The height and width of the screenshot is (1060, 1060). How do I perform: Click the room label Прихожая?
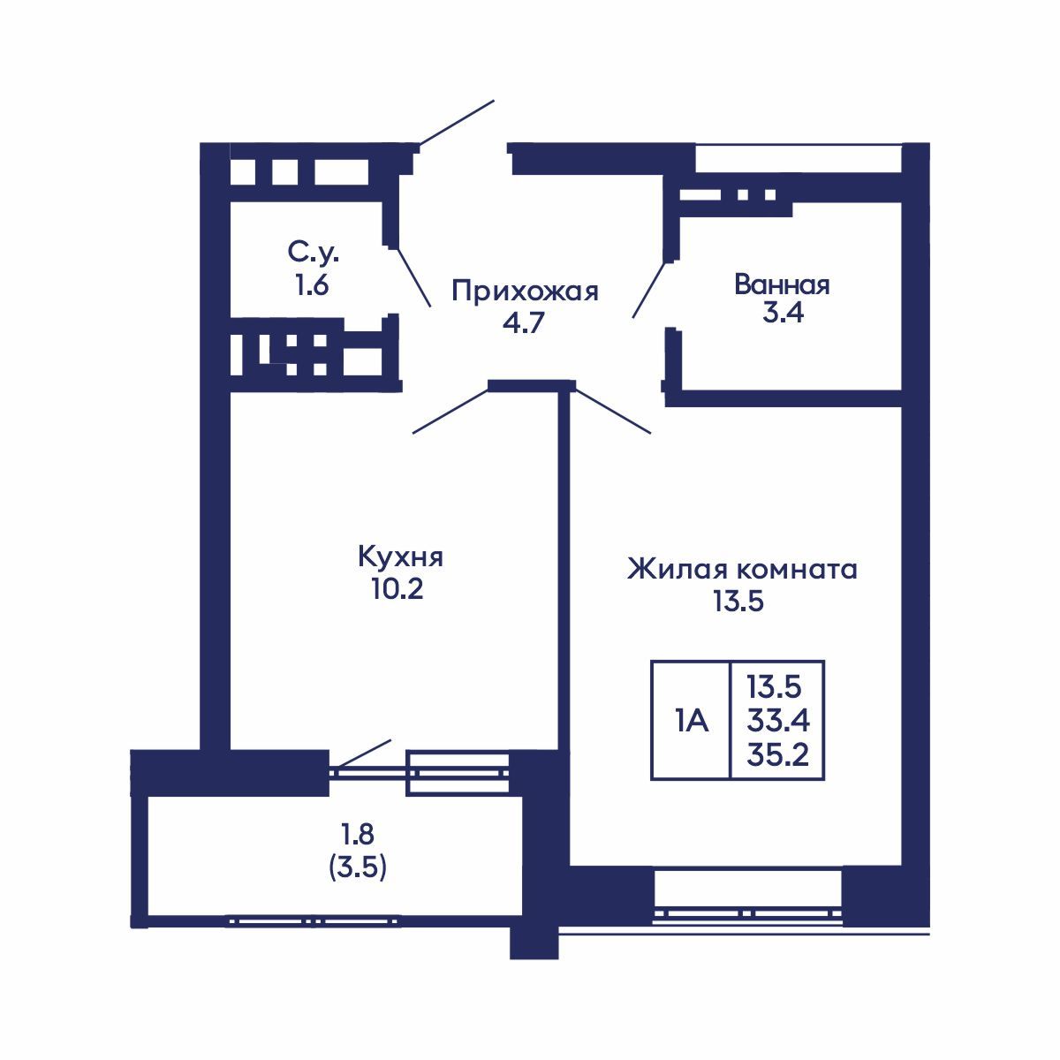[525, 291]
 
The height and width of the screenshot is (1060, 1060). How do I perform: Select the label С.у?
[313, 254]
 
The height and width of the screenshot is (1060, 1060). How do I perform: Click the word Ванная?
[782, 284]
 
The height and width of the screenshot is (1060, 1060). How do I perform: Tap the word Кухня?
[399, 557]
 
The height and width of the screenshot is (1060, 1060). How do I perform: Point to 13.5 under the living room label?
[738, 602]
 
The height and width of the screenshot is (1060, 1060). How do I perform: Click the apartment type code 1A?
[692, 722]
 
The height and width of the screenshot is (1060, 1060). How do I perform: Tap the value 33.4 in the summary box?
[777, 722]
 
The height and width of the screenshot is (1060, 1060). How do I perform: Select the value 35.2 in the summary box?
[777, 756]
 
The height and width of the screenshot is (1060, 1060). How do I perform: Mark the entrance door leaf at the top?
[456, 122]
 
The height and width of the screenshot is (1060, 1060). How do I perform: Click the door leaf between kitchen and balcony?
[362, 753]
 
